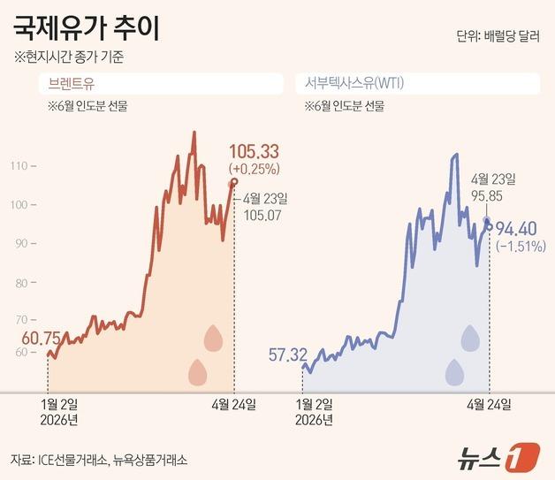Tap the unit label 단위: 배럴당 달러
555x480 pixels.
pos(498,36)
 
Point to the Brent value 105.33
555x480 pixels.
pos(254,151)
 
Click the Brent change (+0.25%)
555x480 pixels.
pos(254,168)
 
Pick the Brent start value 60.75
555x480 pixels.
pos(28,338)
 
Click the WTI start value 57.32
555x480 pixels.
pos(282,355)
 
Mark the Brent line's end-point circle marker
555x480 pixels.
pos(234,182)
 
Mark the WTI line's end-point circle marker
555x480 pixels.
pos(490,225)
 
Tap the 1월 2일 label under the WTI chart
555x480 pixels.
pos(311,404)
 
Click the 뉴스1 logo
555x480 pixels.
pos(498,457)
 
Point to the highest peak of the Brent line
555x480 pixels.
pos(194,133)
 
